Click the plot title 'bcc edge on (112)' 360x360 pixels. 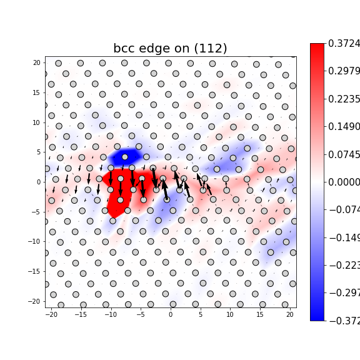(170, 49)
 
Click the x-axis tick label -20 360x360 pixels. (51, 314)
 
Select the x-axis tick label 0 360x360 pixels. (170, 314)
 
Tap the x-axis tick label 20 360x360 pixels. (289, 314)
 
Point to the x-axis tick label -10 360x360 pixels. (111, 314)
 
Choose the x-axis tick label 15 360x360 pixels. (260, 314)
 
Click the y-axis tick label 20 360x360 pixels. (36, 63)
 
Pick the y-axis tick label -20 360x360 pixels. (35, 301)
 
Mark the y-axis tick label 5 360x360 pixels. (38, 152)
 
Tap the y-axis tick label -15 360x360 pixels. (35, 271)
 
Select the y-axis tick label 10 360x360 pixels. (36, 122)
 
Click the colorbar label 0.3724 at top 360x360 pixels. (344, 44)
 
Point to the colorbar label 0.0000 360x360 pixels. (344, 182)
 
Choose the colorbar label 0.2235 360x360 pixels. (344, 99)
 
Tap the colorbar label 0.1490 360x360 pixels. (344, 127)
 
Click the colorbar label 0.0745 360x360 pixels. (344, 154)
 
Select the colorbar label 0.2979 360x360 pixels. (344, 71)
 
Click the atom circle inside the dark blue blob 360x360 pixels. (125, 157)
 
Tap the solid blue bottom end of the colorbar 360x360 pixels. (317, 316)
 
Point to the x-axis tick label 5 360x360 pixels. (200, 314)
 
